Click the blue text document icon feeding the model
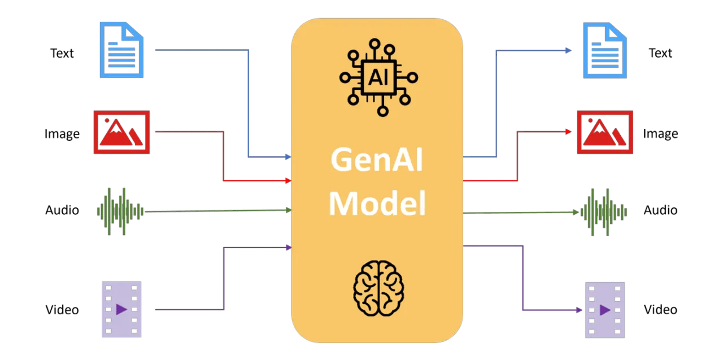[x=121, y=50]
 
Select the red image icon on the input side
[x=121, y=132]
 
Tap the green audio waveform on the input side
[x=120, y=212]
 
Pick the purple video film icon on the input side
[x=121, y=309]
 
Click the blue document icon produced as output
[x=605, y=50]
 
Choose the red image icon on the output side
[x=605, y=132]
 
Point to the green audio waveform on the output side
[x=604, y=212]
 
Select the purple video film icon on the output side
[x=604, y=309]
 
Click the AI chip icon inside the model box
[x=378, y=77]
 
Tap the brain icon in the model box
[x=378, y=288]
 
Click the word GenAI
[x=377, y=161]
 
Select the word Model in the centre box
[x=377, y=203]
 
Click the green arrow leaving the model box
[x=520, y=212]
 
